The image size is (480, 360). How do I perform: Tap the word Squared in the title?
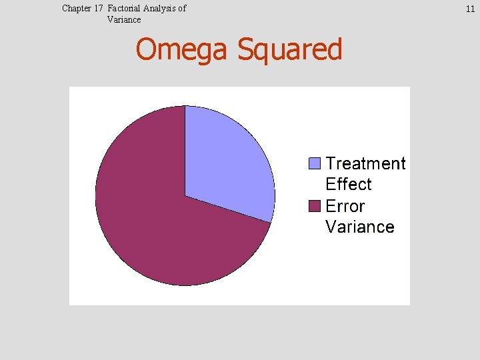click(289, 51)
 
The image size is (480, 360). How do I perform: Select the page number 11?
click(469, 9)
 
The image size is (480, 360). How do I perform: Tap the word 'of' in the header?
click(181, 9)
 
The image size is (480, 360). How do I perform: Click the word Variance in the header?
click(124, 19)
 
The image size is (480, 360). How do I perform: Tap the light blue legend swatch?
click(315, 163)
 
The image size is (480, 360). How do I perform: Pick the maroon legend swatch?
click(315, 206)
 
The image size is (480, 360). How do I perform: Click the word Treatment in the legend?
click(365, 163)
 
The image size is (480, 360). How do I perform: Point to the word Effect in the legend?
click(348, 184)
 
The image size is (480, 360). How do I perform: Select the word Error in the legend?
click(345, 206)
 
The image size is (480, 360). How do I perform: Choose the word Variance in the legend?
click(359, 227)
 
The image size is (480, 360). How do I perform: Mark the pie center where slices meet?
click(185, 196)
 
